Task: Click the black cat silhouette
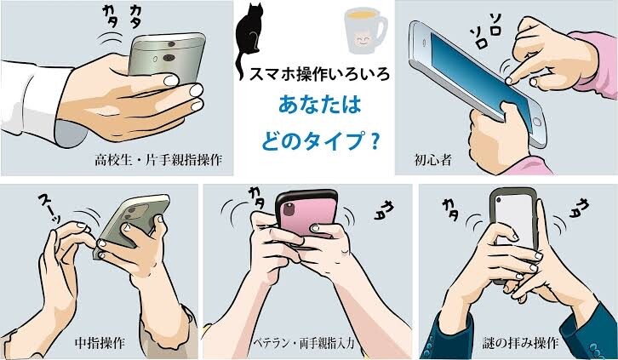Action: click(249, 36)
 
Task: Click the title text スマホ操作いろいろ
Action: click(319, 74)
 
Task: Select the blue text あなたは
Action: click(320, 106)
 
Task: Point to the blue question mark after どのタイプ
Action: click(375, 143)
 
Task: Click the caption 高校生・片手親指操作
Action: click(158, 160)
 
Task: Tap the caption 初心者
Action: click(432, 159)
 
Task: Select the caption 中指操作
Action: click(100, 343)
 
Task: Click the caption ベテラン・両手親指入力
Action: click(304, 343)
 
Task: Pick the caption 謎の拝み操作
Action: click(520, 343)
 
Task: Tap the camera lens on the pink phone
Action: click(287, 209)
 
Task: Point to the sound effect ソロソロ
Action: click(485, 31)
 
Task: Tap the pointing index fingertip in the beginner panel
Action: click(509, 81)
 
